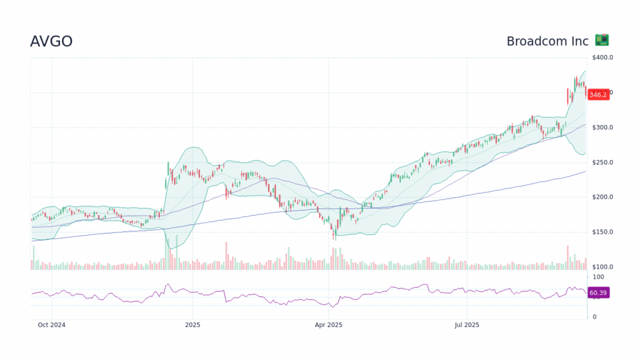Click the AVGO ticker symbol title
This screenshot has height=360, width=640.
[51, 41]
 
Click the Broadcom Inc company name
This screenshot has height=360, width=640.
[547, 41]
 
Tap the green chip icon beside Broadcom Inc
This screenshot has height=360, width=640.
[602, 40]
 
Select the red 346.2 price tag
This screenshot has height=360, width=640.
[598, 94]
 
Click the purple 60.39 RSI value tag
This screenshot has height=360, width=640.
[598, 292]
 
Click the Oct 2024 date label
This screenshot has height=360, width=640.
[51, 325]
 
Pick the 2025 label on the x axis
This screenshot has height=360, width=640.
[193, 325]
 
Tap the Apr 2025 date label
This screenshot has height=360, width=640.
[329, 325]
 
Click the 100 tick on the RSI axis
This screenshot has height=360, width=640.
[598, 277]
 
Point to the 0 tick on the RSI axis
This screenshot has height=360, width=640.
[594, 317]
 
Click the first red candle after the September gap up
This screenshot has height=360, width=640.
[568, 96]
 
